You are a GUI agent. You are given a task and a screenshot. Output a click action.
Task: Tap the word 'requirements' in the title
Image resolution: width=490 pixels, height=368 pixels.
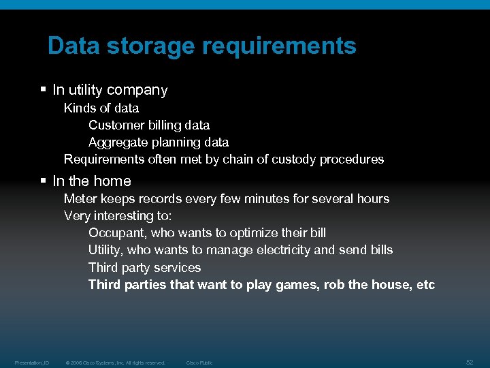pyautogui.click(x=279, y=46)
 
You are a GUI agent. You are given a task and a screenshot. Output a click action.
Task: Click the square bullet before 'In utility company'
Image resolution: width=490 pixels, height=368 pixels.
pyautogui.click(x=43, y=89)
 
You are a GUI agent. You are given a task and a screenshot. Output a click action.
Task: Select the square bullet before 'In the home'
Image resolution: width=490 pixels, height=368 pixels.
pyautogui.click(x=43, y=181)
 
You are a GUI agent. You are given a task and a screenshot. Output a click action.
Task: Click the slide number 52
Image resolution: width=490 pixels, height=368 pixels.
pyautogui.click(x=469, y=362)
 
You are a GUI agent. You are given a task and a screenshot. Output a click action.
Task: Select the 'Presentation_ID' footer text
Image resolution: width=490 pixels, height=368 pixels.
pyautogui.click(x=32, y=363)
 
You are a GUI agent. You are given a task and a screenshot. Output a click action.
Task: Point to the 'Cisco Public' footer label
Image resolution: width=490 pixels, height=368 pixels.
pyautogui.click(x=199, y=363)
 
